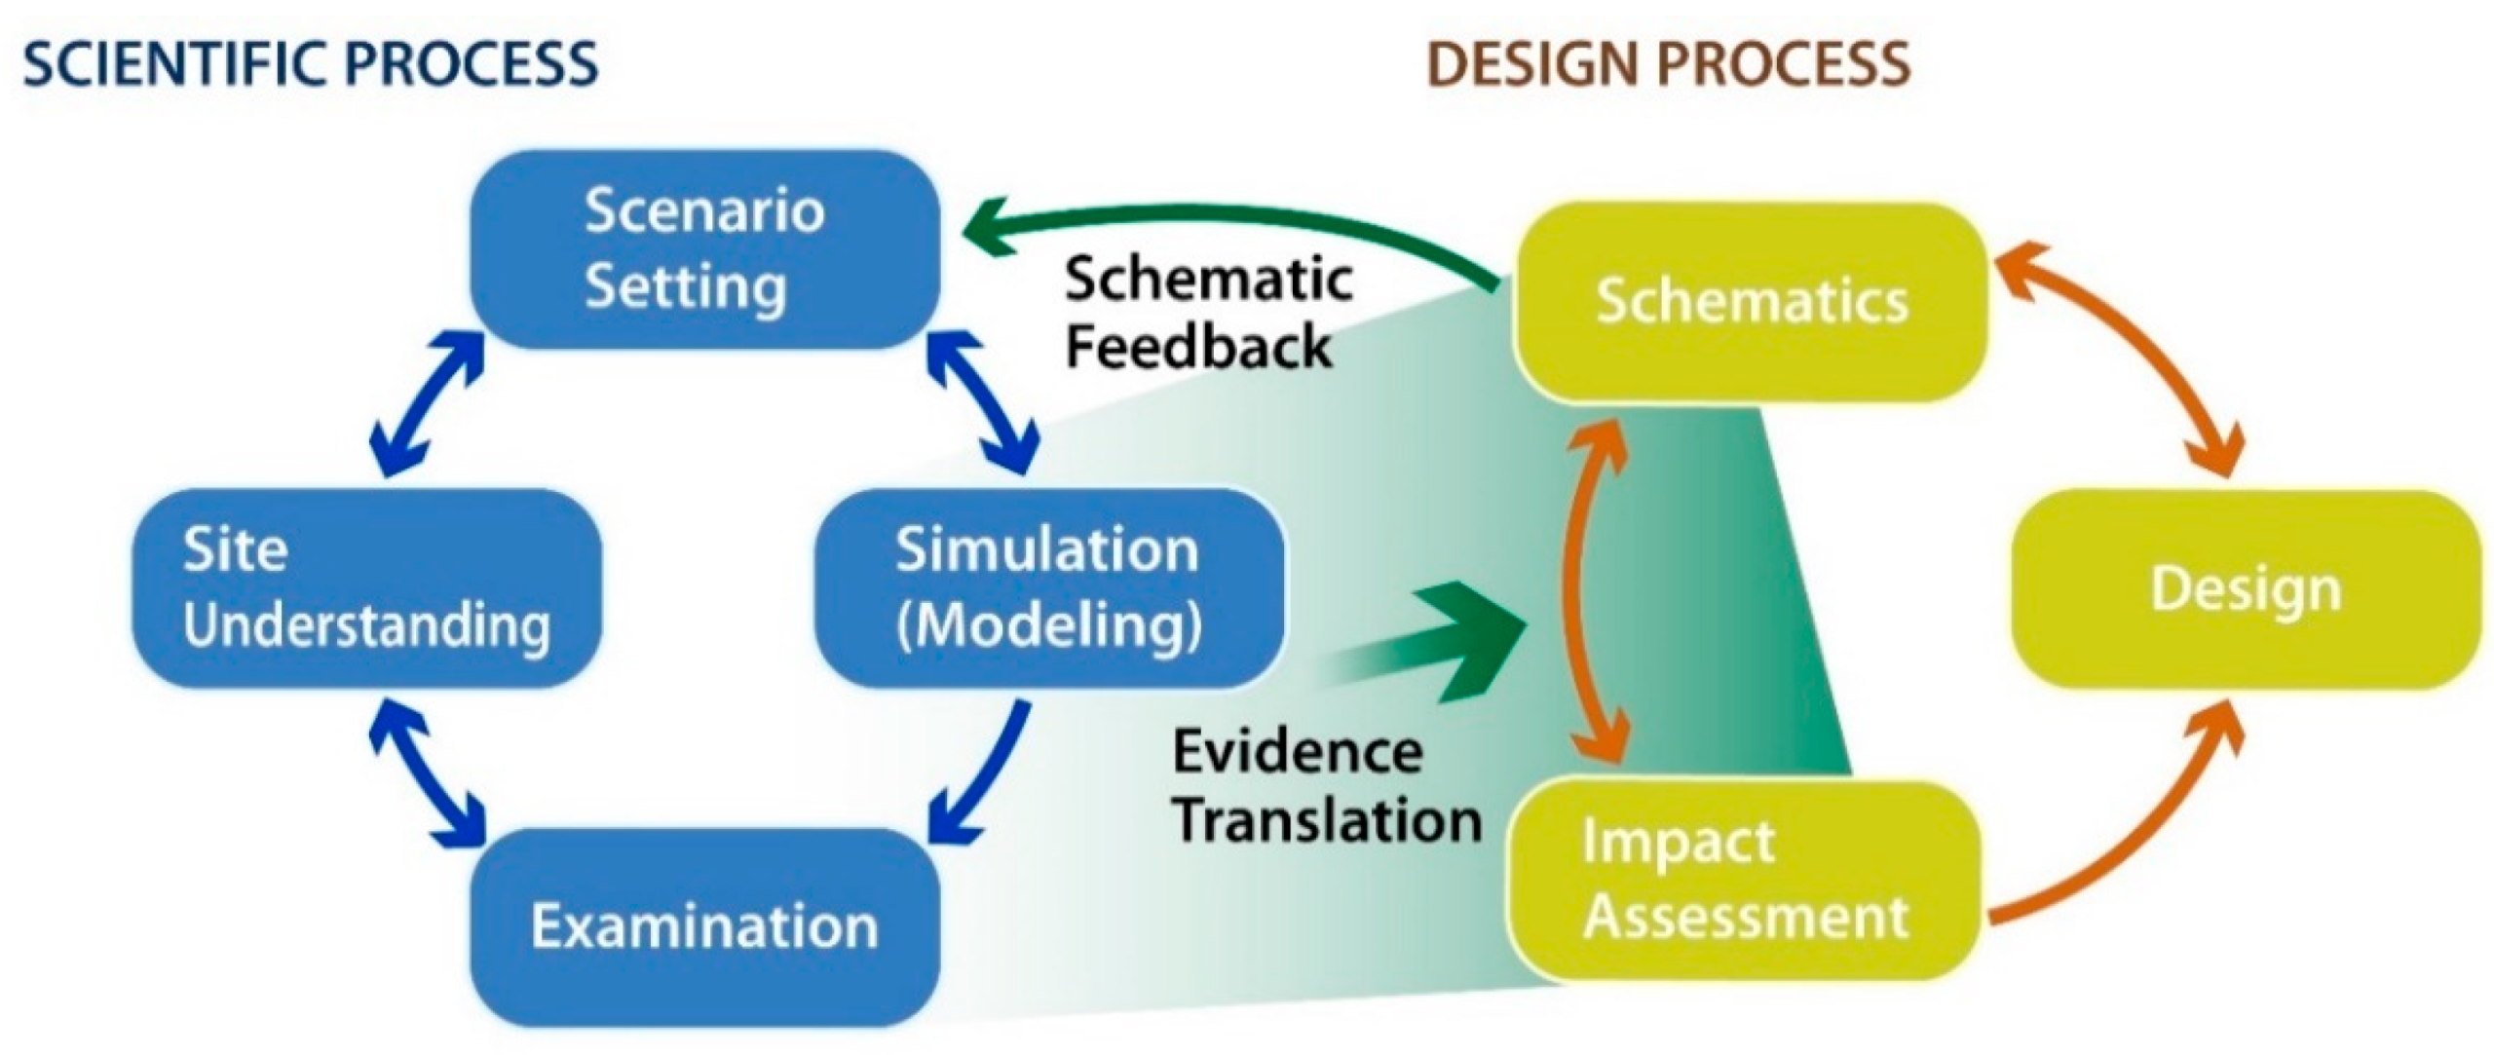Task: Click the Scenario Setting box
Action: coord(704,249)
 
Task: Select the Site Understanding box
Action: coord(366,588)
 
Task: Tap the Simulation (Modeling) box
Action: coord(1048,588)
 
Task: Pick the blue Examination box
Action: coord(704,926)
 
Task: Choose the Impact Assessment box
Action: coord(1744,880)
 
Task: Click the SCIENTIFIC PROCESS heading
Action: coord(310,64)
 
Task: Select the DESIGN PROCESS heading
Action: coord(1668,64)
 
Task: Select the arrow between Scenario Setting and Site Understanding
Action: coord(427,404)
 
